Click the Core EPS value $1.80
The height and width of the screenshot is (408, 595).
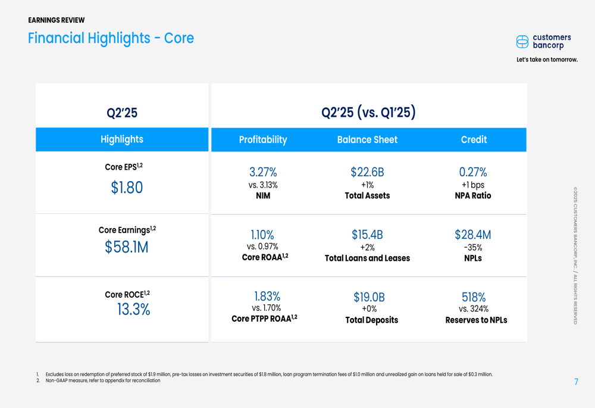pos(127,188)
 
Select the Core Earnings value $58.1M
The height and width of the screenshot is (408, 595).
pos(126,247)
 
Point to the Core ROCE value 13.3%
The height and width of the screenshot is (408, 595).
pos(133,309)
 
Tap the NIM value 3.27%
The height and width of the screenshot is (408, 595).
pos(262,172)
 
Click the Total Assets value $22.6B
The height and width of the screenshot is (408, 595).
pos(367,172)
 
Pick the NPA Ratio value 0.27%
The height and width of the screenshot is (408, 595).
pos(473,172)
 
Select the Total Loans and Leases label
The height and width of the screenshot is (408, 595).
pos(367,258)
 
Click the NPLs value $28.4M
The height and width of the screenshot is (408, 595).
pos(473,235)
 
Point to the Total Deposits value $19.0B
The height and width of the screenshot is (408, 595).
pos(369,297)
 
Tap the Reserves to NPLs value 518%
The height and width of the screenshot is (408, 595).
pos(474,297)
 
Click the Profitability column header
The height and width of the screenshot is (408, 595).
pos(263,140)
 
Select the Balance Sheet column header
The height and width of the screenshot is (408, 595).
pos(367,140)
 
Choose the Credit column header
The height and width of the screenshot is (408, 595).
pos(474,140)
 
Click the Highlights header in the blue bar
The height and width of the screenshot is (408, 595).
pos(122,139)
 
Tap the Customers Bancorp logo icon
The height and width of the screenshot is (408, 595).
pos(522,42)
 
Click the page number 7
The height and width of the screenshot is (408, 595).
pos(576,382)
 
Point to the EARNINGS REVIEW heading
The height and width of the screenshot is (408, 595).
pos(57,20)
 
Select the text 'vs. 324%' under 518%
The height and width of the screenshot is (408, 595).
pos(474,309)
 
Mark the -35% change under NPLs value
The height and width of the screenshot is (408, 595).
pos(473,247)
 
